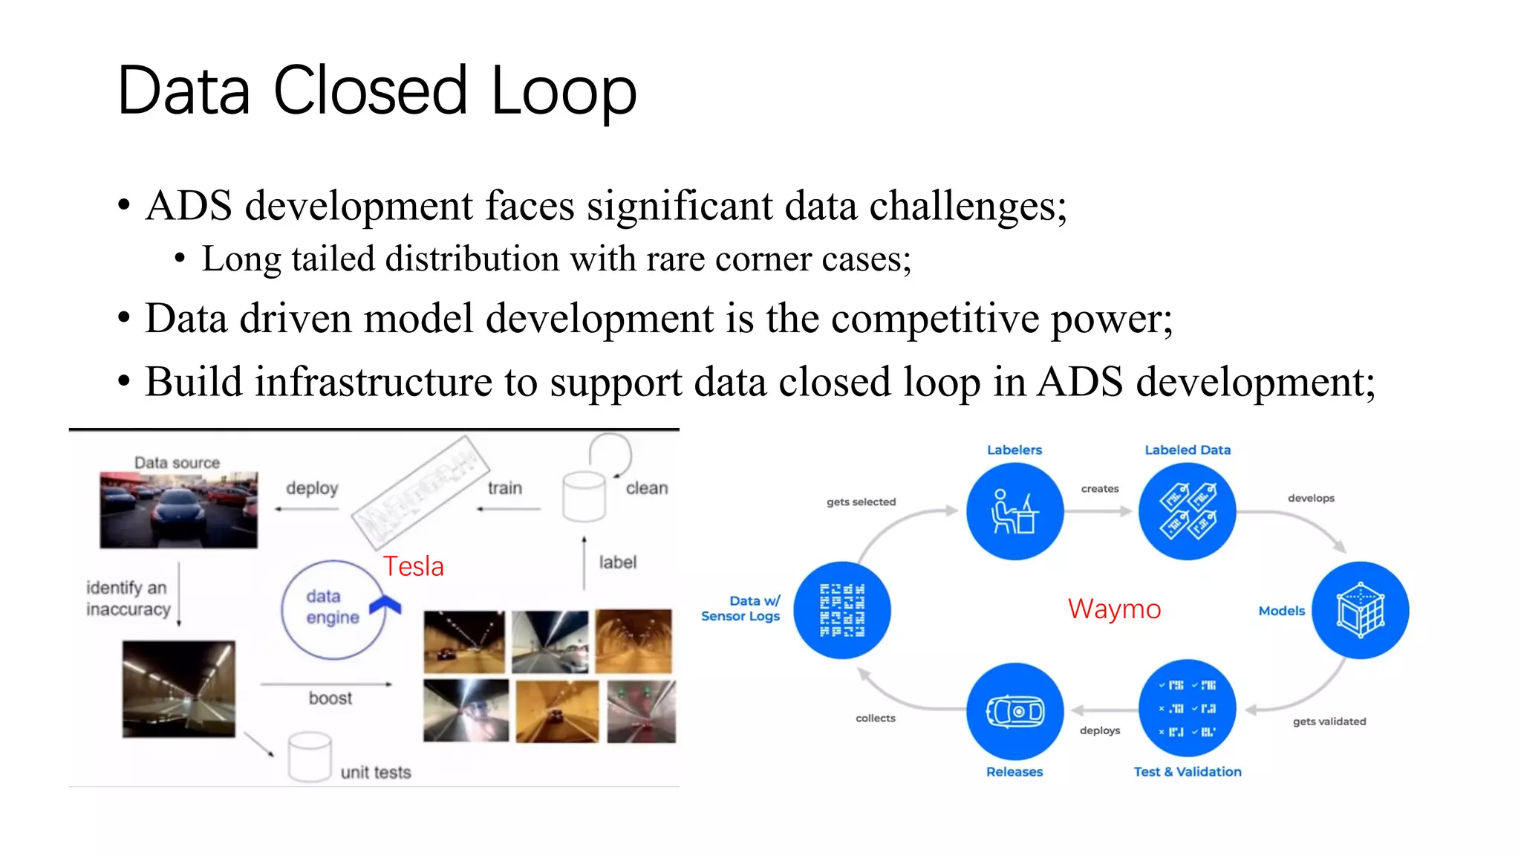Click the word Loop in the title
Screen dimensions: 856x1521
(x=563, y=91)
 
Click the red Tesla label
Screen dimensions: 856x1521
(x=413, y=567)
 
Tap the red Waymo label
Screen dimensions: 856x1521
(x=1113, y=609)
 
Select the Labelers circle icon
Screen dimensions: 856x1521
(x=1014, y=511)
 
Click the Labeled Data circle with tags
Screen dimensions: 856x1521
(x=1187, y=511)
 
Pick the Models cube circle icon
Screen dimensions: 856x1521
(x=1360, y=610)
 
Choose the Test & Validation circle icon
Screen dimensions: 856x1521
(x=1187, y=708)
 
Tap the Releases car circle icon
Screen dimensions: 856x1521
(x=1014, y=711)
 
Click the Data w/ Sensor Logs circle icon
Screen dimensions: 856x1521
(x=841, y=610)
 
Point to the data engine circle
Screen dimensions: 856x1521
(x=332, y=609)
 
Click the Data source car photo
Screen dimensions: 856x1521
(x=179, y=510)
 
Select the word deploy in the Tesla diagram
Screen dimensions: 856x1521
(x=312, y=488)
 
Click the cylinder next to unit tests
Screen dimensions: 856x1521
(x=310, y=756)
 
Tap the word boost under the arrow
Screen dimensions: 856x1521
(x=330, y=698)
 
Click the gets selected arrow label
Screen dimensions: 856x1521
(x=861, y=502)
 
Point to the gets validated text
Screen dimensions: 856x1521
(x=1329, y=722)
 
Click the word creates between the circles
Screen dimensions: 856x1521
(x=1099, y=489)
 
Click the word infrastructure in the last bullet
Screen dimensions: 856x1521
(x=374, y=383)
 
